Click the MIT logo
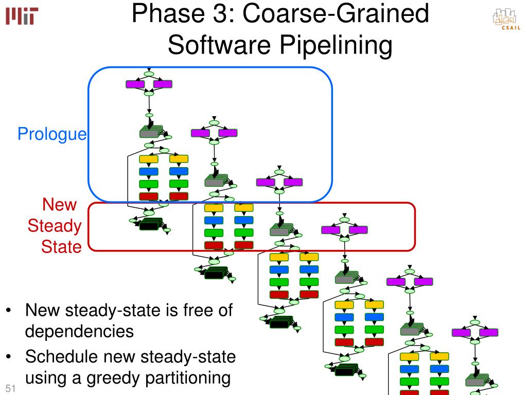point(22,17)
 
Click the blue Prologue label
point(52,135)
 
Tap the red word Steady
point(55,226)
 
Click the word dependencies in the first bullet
point(80,331)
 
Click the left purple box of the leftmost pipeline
point(135,84)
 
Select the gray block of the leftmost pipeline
point(149,133)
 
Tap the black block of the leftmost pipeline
point(149,226)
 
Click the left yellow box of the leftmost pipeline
point(149,159)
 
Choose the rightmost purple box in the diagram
point(488,332)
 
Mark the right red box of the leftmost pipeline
point(179,196)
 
